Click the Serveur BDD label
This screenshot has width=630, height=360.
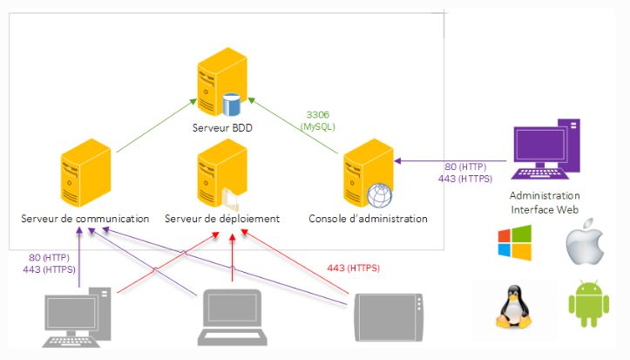224,127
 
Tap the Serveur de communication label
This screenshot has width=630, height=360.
85,218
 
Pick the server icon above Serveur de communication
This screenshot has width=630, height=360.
85,176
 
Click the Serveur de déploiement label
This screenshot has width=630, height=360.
222,218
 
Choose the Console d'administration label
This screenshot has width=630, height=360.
368,218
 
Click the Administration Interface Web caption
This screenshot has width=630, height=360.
544,201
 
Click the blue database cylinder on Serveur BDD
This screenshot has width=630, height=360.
231,105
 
